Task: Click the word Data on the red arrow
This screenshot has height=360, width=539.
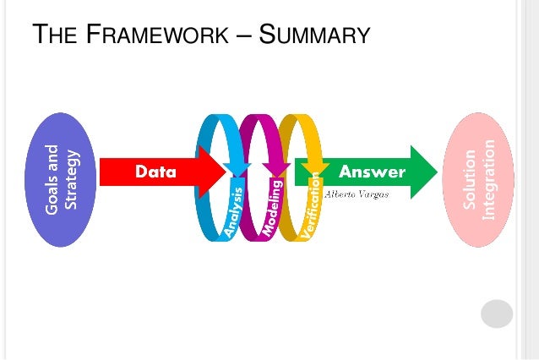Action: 156,172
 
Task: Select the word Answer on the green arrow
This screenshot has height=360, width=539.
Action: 372,172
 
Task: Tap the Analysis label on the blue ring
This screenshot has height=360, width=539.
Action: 233,211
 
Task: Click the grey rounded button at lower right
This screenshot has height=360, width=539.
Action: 497,314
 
